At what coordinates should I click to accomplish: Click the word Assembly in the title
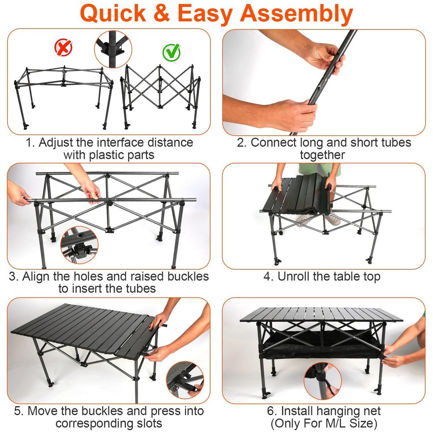(x=297, y=13)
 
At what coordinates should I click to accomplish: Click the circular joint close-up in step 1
(x=112, y=49)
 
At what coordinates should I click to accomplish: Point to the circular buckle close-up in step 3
(x=79, y=245)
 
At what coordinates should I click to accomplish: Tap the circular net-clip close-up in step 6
(x=323, y=381)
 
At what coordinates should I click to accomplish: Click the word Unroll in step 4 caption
(x=297, y=276)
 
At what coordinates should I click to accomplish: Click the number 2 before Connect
(x=241, y=142)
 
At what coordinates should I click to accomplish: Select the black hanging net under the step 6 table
(x=320, y=344)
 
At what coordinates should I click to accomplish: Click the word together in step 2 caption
(x=323, y=155)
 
